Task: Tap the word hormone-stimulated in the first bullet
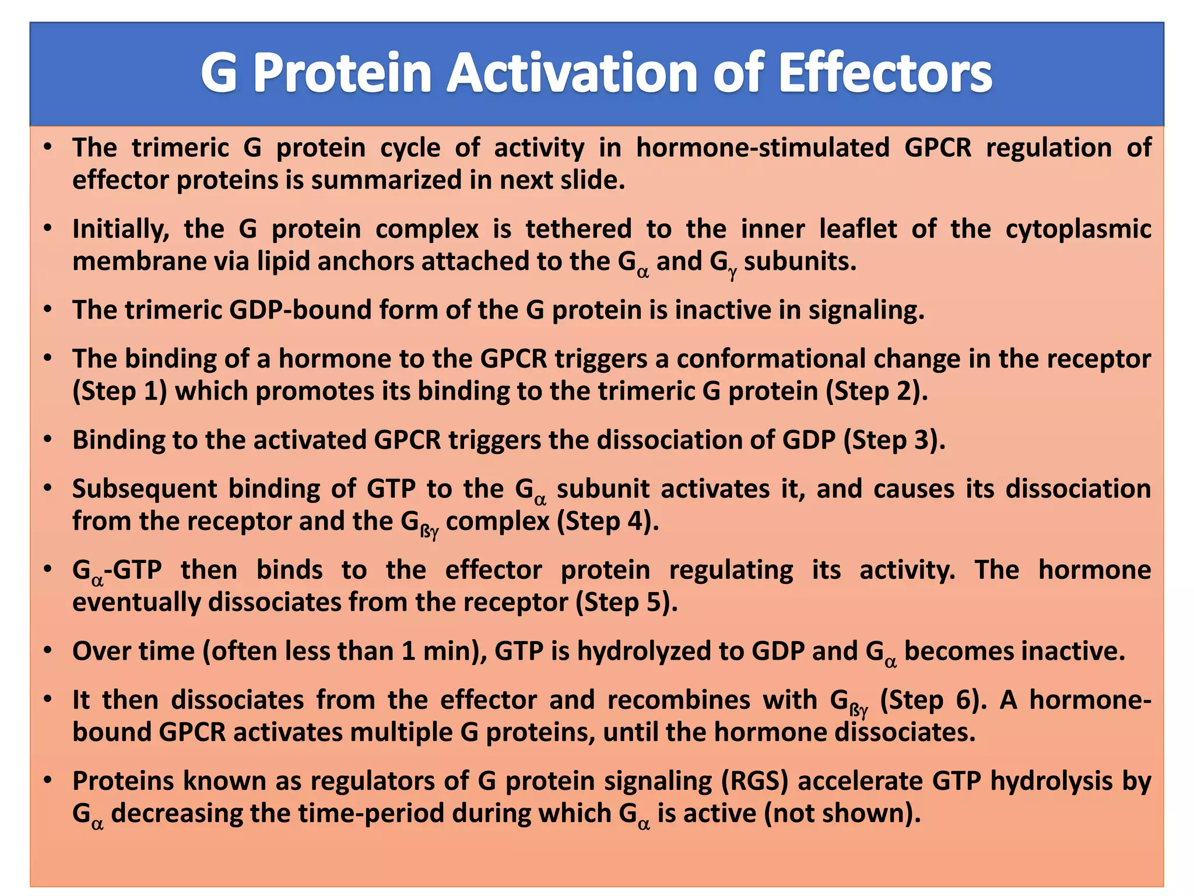pyautogui.click(x=762, y=148)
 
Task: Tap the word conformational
pyautogui.click(x=771, y=359)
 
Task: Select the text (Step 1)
pyautogui.click(x=120, y=391)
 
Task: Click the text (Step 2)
pyautogui.click(x=876, y=391)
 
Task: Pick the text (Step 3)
pyautogui.click(x=894, y=440)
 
